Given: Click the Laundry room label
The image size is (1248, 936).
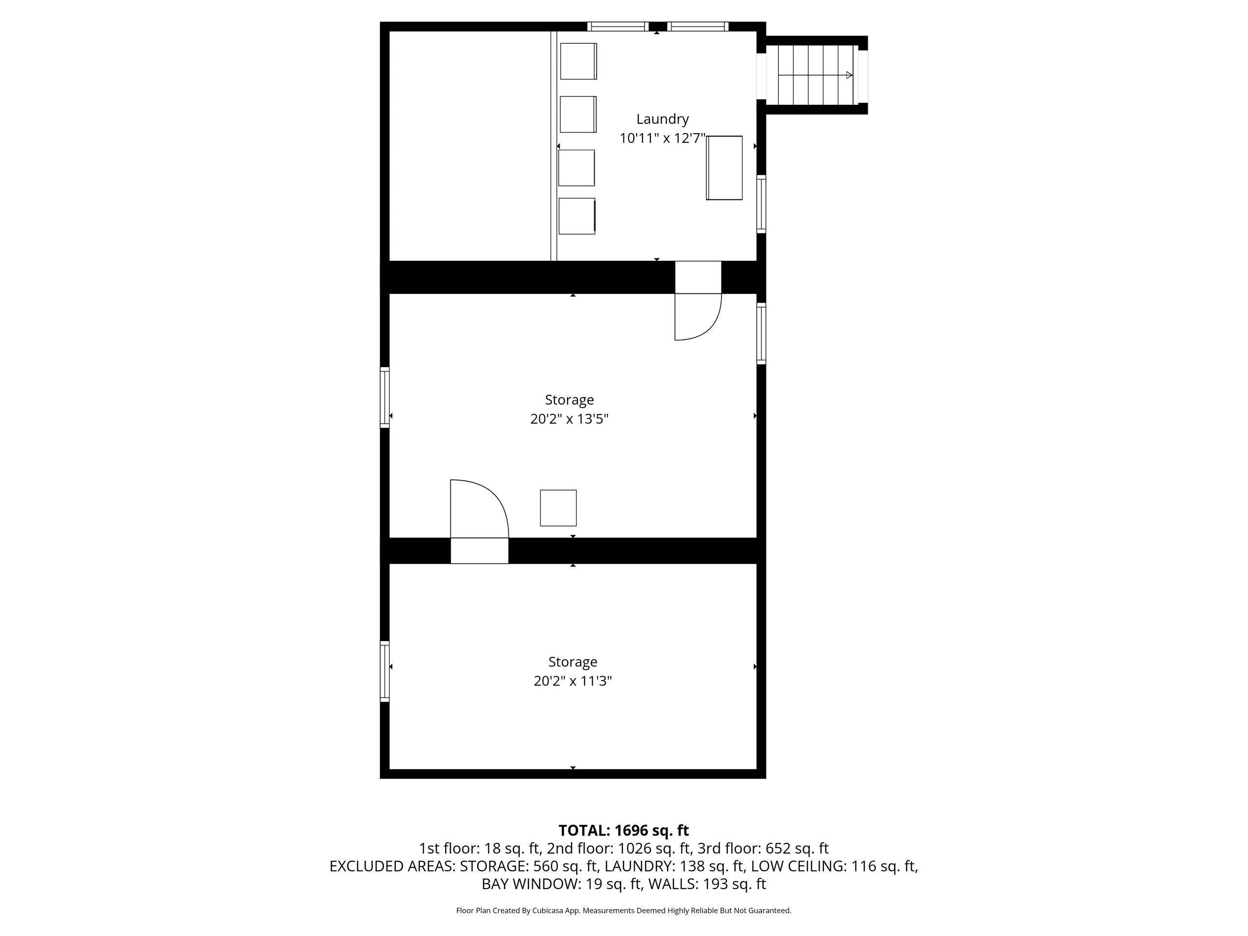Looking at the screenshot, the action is click(x=663, y=119).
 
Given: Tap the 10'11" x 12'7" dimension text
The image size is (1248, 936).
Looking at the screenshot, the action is click(x=663, y=138).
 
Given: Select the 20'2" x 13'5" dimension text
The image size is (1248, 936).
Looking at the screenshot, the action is click(x=569, y=419).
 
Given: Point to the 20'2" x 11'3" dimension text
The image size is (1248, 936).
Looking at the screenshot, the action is click(x=573, y=681).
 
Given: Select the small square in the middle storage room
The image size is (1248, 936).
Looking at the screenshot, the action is click(x=558, y=508).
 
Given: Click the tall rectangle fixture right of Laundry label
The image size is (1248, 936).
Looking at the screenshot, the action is click(x=724, y=168).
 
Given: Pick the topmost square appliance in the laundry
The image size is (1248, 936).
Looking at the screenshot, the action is click(x=578, y=61).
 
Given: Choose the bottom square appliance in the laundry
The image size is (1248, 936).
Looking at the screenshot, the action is click(x=577, y=216).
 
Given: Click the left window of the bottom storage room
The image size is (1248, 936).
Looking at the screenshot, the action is click(x=385, y=671).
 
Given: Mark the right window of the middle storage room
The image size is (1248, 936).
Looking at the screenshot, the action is click(x=761, y=333).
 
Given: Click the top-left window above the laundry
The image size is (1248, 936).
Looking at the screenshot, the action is click(x=618, y=26).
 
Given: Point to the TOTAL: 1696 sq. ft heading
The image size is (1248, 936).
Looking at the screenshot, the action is click(x=624, y=831).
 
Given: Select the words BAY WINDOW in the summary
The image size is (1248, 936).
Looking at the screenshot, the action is click(x=531, y=884).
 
